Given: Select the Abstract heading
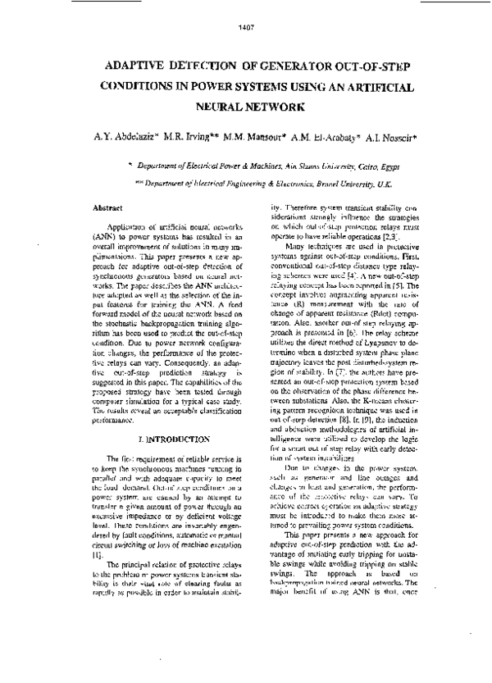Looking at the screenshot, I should point(109,210).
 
